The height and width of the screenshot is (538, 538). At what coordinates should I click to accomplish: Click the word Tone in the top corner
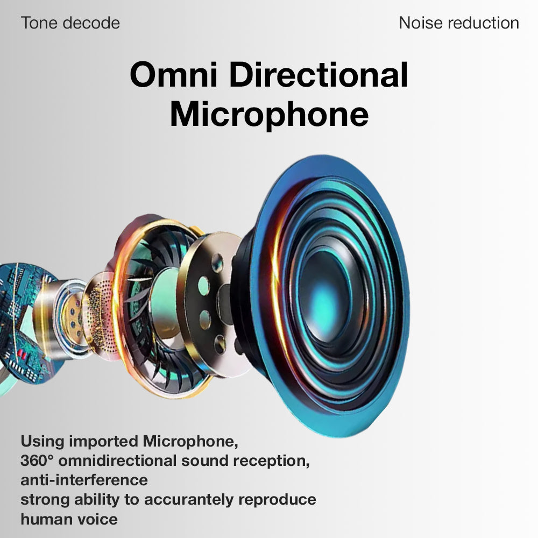(39, 23)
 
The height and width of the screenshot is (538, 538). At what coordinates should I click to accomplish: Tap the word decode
(91, 23)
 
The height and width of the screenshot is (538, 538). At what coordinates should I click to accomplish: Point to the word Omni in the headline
(174, 75)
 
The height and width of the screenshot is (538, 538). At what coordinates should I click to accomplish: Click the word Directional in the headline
(318, 75)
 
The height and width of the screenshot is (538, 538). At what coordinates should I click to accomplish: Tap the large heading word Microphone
(270, 115)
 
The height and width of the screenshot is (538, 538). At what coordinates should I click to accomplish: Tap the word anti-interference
(84, 480)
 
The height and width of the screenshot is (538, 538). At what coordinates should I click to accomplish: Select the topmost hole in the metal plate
(217, 263)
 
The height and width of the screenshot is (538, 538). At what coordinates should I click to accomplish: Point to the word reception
(271, 461)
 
